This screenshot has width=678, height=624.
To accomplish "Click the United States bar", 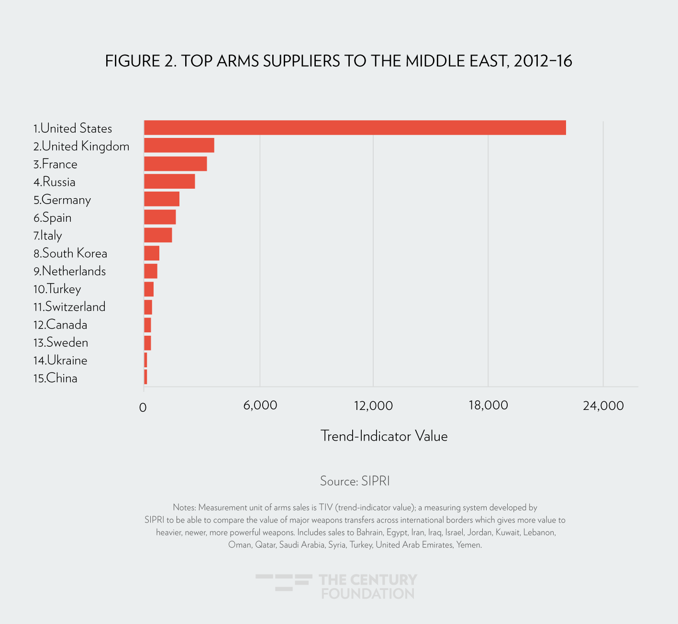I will [x=355, y=128].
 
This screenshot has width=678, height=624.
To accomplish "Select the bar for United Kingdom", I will [x=179, y=146].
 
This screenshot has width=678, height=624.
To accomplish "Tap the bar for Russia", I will [x=169, y=182].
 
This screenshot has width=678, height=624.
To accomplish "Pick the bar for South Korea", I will [x=152, y=253].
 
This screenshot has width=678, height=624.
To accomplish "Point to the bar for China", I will [x=145, y=377].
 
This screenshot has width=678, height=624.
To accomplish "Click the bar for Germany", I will [x=162, y=199].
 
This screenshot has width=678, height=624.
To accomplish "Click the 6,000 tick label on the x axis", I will [x=260, y=406].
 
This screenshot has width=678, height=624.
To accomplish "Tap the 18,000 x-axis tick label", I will [x=488, y=406].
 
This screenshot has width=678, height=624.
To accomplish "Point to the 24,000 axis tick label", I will [x=603, y=406].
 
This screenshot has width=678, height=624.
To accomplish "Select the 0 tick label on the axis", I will [x=143, y=408].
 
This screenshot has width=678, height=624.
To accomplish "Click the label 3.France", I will [x=55, y=164].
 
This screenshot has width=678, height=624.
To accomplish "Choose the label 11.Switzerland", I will [x=69, y=307].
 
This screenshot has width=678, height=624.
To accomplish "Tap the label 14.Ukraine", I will [x=60, y=360].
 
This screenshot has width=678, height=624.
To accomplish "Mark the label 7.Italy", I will [x=48, y=236].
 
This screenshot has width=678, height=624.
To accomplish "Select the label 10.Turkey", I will [x=57, y=289].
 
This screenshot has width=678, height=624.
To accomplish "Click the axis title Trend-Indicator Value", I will [x=384, y=436].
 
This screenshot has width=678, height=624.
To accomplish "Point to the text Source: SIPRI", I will [x=355, y=481].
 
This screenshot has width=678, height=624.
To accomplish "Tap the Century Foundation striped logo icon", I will [x=284, y=582].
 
